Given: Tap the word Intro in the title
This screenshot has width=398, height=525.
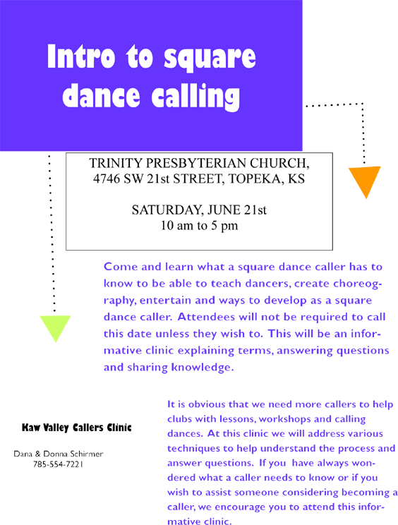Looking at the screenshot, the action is (x=81, y=56).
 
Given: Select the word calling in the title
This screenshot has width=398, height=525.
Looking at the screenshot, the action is (x=195, y=97).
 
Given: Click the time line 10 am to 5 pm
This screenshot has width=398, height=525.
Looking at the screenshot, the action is (x=199, y=226).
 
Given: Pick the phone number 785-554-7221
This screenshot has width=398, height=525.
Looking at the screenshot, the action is (x=58, y=464).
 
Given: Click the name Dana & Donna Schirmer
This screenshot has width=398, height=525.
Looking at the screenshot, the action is (x=59, y=454).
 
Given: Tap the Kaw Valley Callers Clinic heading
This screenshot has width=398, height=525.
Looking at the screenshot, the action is (x=77, y=428).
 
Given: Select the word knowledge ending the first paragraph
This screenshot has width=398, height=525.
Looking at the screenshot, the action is (x=203, y=368).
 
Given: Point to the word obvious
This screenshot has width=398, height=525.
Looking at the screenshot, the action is (x=207, y=404).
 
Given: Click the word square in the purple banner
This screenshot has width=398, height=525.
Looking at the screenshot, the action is (x=210, y=58).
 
